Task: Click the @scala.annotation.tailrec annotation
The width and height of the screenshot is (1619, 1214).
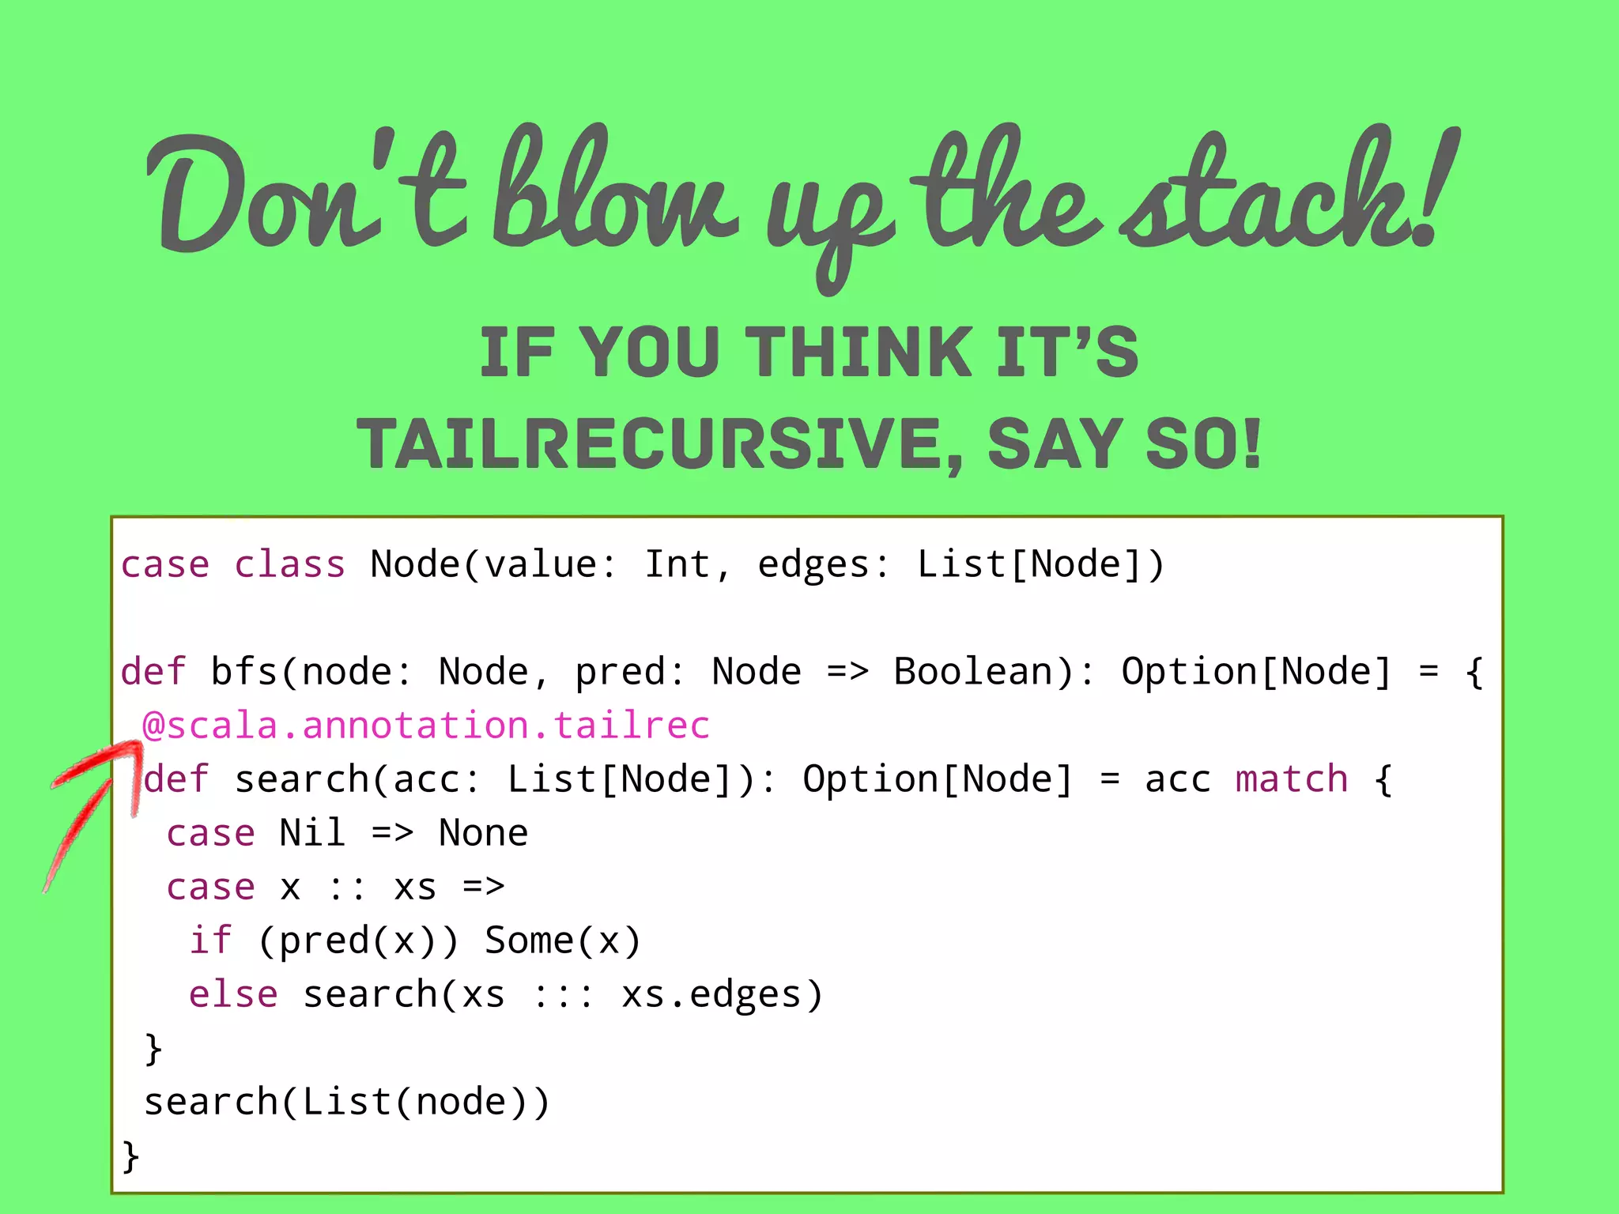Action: pos(426,726)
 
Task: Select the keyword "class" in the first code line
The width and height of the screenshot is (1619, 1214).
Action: pos(289,564)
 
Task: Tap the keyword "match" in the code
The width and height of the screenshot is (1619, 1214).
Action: pos(1291,779)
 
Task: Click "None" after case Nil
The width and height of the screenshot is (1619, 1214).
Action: pos(483,833)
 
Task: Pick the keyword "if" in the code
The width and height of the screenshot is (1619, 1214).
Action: pos(210,941)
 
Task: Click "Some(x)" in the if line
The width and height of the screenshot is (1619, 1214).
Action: pos(562,941)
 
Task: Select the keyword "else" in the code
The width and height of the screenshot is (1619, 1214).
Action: pos(233,994)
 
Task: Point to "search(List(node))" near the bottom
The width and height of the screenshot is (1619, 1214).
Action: pos(346,1102)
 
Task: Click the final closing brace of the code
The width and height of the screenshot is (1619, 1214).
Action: pos(130,1156)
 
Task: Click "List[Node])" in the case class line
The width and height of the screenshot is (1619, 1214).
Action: pos(1040,564)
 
